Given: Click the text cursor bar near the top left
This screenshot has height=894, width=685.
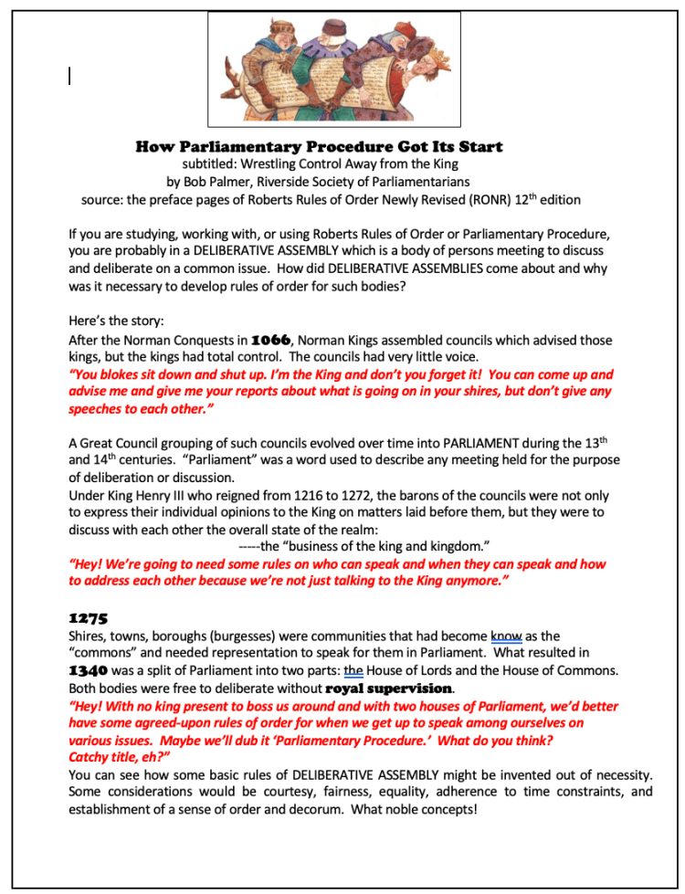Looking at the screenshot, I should (x=70, y=77).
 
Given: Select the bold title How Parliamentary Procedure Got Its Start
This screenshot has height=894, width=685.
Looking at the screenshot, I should (x=319, y=146).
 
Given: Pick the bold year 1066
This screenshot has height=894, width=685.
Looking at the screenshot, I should (x=276, y=341).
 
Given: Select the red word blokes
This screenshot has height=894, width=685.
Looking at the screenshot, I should (x=121, y=374).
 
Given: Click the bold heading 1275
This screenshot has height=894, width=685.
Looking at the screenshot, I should (x=88, y=618).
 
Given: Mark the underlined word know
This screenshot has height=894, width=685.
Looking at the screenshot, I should (x=507, y=636).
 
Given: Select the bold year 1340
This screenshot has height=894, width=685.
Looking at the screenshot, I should (x=89, y=670).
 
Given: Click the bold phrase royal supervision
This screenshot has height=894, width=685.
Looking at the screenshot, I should (x=388, y=688).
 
